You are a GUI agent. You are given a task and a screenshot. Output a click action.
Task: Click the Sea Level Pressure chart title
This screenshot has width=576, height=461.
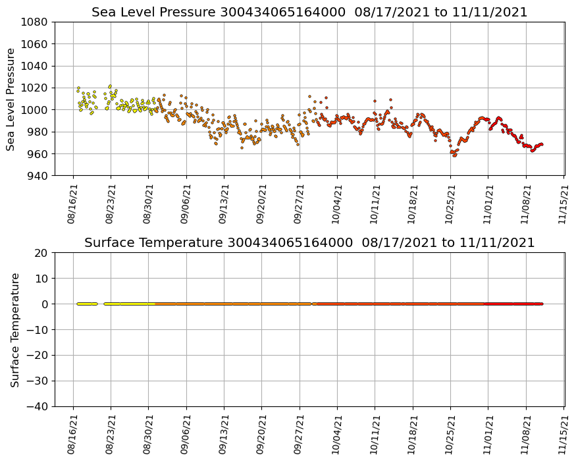coord(309,13)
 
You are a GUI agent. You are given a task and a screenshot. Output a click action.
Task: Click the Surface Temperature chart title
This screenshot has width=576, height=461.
coord(309,243)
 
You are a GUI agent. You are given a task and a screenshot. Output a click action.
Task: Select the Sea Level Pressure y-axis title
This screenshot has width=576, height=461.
coord(11,99)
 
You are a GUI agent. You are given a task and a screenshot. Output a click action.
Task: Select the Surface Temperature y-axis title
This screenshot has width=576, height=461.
coord(14,329)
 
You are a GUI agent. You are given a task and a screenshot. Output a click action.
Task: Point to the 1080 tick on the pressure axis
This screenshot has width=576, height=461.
coord(34,22)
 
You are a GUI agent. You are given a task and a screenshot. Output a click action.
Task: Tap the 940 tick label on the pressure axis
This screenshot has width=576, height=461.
coord(36,176)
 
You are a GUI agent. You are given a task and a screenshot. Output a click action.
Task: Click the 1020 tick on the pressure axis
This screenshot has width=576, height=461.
coord(34,88)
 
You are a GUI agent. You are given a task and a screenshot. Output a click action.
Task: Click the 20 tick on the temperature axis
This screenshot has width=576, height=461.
coord(41,253)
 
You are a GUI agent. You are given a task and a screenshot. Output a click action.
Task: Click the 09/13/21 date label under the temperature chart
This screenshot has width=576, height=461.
coord(223,433)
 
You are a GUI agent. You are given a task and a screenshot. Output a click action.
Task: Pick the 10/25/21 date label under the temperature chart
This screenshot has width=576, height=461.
coord(450,433)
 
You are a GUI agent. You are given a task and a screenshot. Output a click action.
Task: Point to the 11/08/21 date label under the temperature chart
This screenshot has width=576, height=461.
coord(526,433)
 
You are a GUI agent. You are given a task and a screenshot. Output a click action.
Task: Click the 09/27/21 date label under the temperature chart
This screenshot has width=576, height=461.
coord(299,433)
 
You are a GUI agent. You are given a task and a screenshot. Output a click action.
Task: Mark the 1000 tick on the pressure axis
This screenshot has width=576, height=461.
coord(34,110)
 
